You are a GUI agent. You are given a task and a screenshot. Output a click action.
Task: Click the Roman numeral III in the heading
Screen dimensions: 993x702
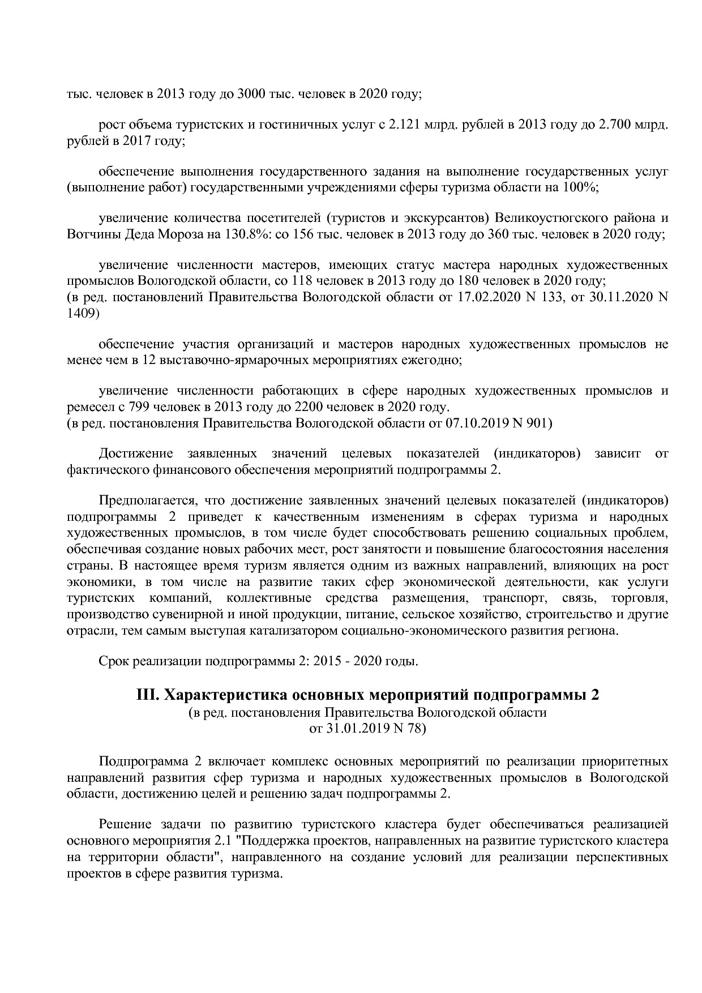pyautogui.click(x=148, y=695)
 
